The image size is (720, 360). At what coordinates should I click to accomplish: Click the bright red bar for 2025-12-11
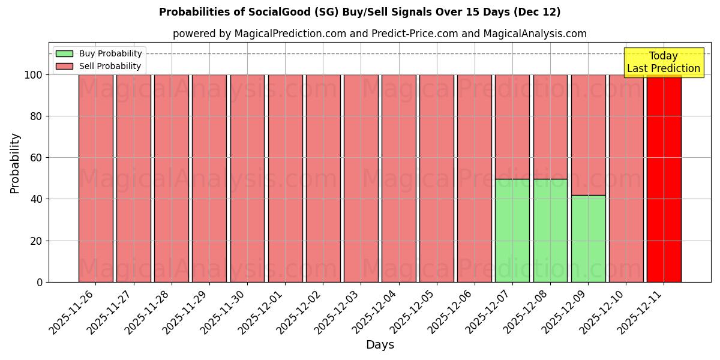664,178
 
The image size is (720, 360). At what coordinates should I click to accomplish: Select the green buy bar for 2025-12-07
512,230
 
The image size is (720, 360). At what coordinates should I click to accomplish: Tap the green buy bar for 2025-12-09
588,239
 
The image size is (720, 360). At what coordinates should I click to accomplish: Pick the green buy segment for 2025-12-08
550,230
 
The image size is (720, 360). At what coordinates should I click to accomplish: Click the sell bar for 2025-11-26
96,178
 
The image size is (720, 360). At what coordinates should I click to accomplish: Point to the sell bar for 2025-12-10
626,178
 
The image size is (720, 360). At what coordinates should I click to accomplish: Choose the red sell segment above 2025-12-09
588,135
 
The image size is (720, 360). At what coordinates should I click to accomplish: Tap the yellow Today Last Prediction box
664,62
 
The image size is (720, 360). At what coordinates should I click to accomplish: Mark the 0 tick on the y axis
40,282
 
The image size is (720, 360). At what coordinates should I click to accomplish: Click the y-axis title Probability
15,163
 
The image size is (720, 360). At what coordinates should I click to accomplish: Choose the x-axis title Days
380,345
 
